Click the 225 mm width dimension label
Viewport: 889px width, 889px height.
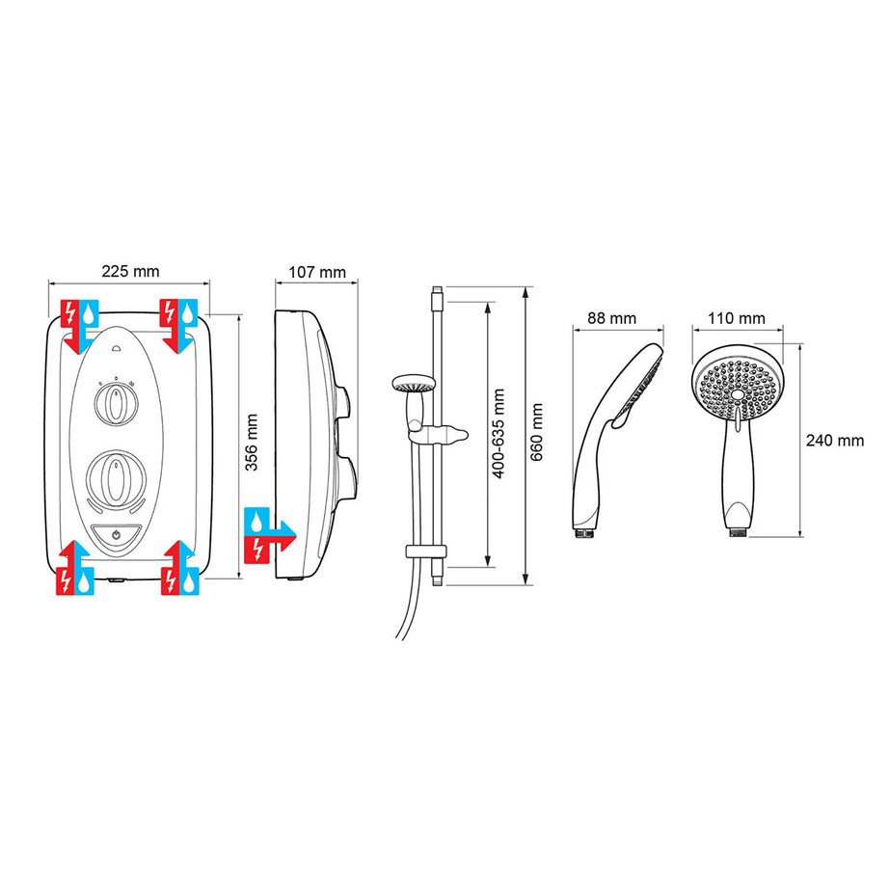tap(129, 271)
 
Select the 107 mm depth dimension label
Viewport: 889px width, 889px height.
tap(317, 272)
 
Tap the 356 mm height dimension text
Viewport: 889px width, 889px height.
tap(252, 442)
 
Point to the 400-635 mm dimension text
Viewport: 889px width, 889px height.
tap(498, 429)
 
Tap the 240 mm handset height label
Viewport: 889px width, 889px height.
tap(835, 441)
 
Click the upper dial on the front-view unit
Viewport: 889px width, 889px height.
tap(116, 405)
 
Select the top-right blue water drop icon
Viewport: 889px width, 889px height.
tap(191, 312)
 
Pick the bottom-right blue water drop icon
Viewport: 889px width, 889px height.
tap(191, 581)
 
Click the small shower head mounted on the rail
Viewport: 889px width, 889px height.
tap(412, 385)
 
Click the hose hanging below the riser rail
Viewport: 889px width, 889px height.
tap(405, 617)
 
